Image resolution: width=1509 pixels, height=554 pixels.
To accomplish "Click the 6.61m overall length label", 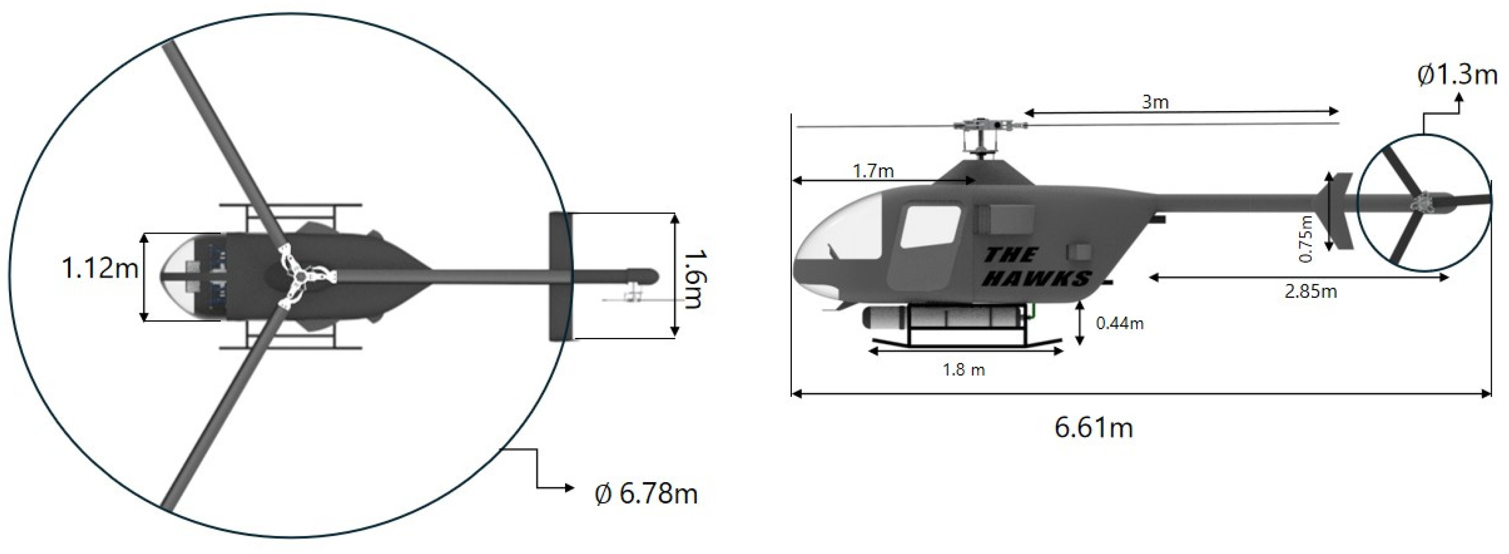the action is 1093,428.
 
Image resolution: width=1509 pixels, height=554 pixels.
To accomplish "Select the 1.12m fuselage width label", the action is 100,268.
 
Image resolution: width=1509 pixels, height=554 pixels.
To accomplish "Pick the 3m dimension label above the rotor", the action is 1155,102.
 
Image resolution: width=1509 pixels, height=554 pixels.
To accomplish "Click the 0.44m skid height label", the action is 1120,323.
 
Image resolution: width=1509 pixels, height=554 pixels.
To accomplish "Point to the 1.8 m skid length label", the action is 964,370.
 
